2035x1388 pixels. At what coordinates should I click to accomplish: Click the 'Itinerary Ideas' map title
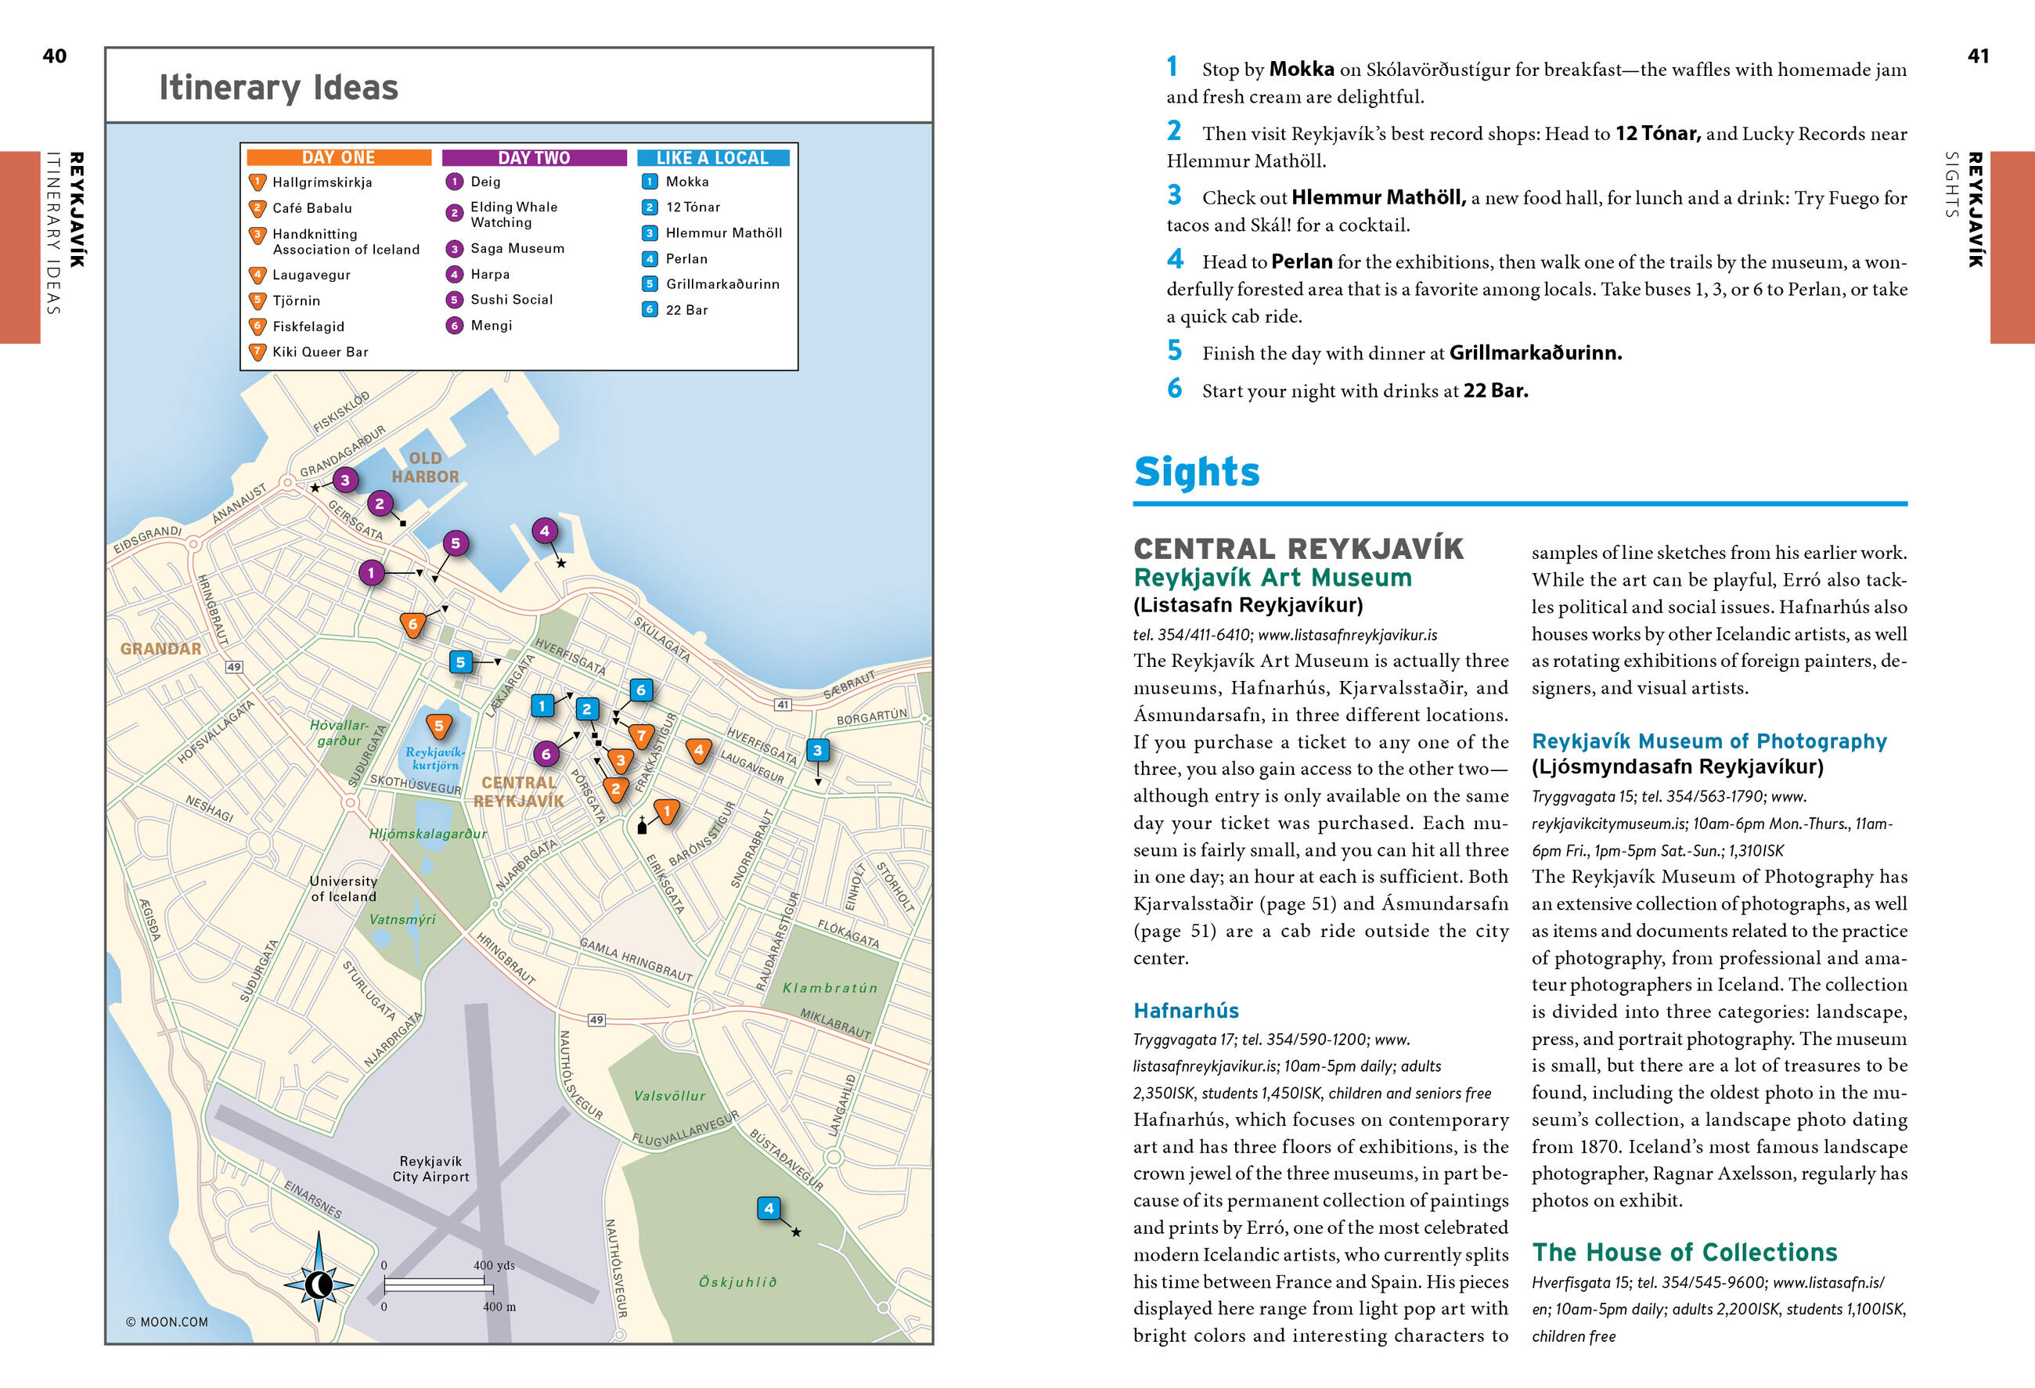279,88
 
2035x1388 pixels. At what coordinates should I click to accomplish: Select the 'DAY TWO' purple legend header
533,157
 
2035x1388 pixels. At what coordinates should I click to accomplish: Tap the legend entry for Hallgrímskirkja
322,182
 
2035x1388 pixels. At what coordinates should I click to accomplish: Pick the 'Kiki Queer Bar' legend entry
319,352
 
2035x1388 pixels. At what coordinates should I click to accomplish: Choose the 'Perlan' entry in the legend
686,258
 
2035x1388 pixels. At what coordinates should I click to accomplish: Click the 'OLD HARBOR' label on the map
426,467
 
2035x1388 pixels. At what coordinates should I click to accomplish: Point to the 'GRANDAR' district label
160,649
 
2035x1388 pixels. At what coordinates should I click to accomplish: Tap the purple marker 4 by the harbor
545,531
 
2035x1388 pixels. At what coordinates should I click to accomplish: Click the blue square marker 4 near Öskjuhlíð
768,1209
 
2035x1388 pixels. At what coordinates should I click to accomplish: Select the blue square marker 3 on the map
817,751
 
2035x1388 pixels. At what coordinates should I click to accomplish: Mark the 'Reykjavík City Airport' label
430,1169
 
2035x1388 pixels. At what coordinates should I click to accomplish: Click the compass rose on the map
319,1285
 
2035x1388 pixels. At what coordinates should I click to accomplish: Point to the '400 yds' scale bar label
494,1265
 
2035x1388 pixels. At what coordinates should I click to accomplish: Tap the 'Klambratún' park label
829,988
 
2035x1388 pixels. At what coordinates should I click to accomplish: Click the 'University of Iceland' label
344,889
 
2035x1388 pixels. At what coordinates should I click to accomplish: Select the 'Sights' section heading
1196,472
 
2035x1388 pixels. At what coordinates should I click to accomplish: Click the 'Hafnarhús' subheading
1186,1011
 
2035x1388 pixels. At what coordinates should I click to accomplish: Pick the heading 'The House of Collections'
1684,1253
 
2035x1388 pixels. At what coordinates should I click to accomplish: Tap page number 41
1978,56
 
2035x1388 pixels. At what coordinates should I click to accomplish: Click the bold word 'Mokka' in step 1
1301,69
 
